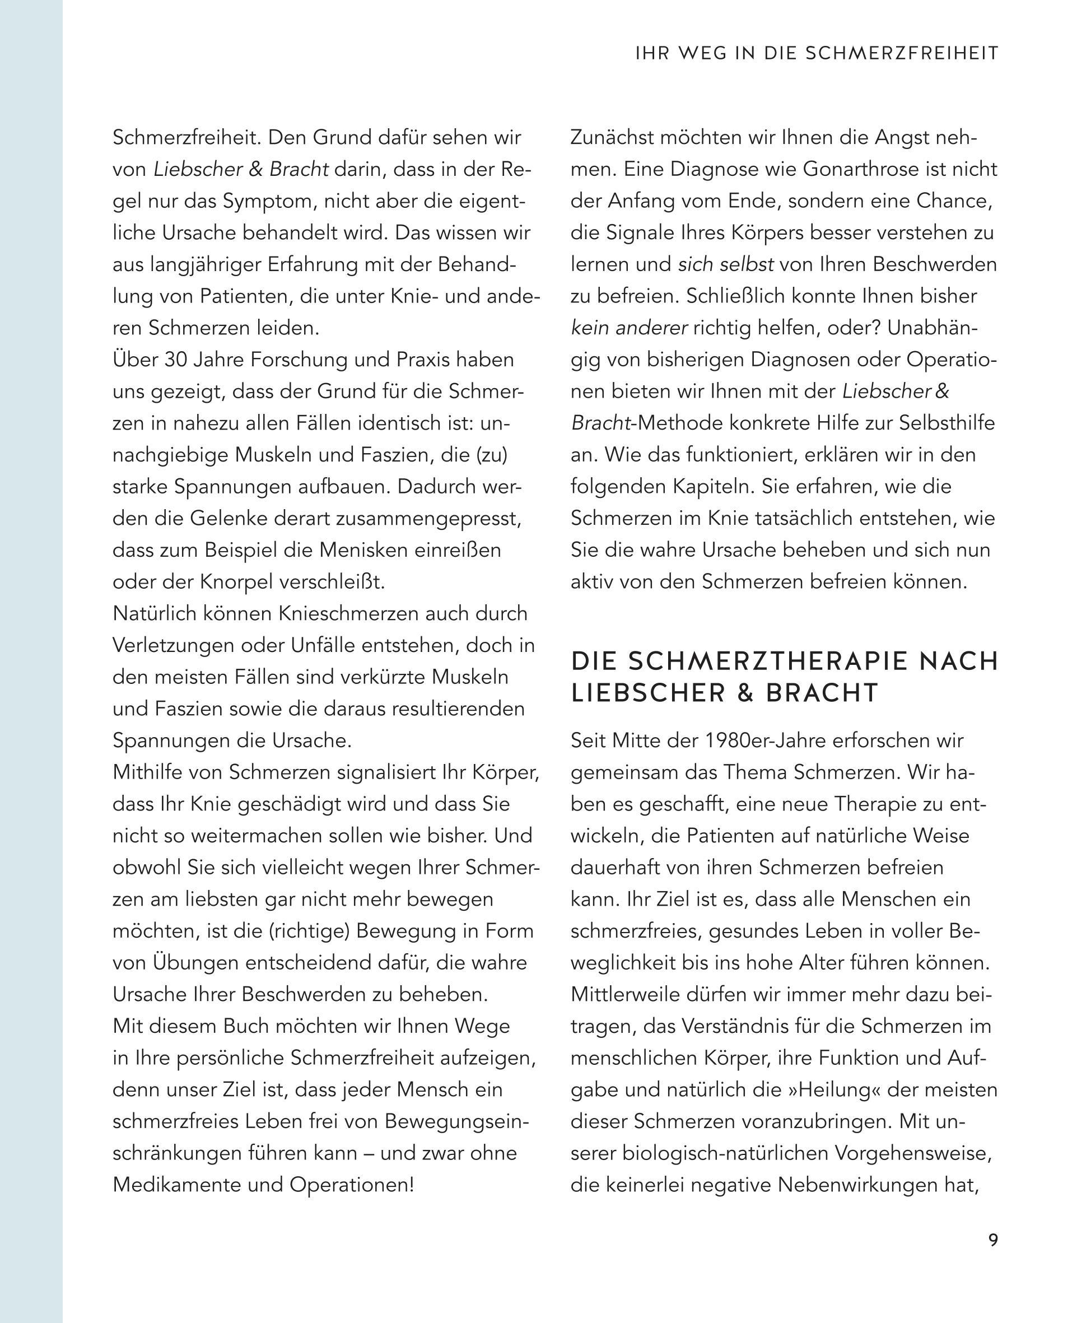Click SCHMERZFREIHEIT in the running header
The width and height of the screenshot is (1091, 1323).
click(902, 53)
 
